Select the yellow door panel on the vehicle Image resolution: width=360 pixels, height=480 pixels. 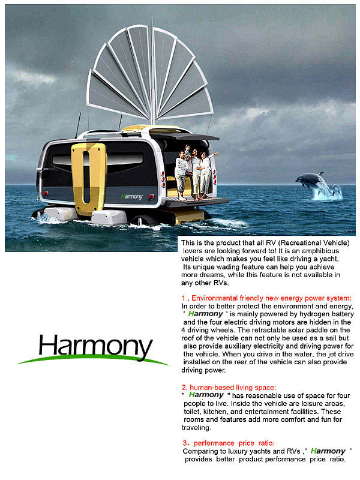click(x=88, y=177)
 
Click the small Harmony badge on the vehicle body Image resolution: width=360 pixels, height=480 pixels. click(x=131, y=196)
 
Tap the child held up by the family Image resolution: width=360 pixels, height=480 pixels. click(x=187, y=151)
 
